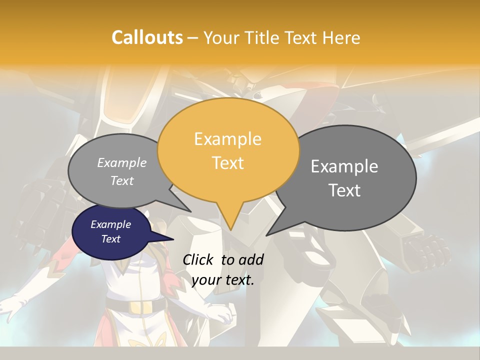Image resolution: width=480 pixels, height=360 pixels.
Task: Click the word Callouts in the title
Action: (147, 37)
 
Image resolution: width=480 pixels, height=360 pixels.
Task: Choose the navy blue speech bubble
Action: (111, 231)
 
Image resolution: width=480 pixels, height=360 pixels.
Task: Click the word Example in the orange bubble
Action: (228, 139)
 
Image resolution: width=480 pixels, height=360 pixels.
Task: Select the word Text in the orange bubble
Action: (228, 163)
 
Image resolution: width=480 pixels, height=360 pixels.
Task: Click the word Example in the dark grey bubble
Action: (344, 166)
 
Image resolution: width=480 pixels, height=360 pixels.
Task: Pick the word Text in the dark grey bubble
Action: (344, 190)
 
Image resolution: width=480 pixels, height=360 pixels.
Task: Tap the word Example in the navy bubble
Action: (111, 224)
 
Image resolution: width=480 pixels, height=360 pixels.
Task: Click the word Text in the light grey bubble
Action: (122, 180)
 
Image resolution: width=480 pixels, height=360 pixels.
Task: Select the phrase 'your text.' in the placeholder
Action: (223, 280)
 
